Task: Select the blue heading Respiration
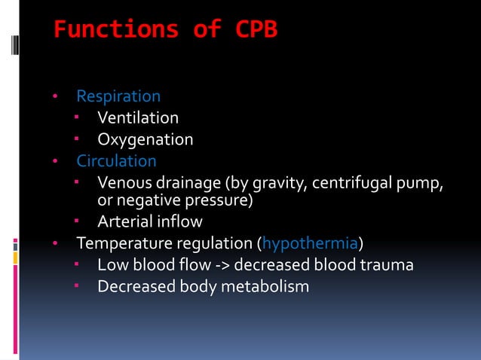point(118,97)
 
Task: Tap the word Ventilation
point(138,118)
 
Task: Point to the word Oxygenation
point(146,140)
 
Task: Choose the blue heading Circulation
point(117,161)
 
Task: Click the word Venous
point(123,183)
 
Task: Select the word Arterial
point(124,222)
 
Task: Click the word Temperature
point(126,244)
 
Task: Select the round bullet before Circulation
point(55,162)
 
